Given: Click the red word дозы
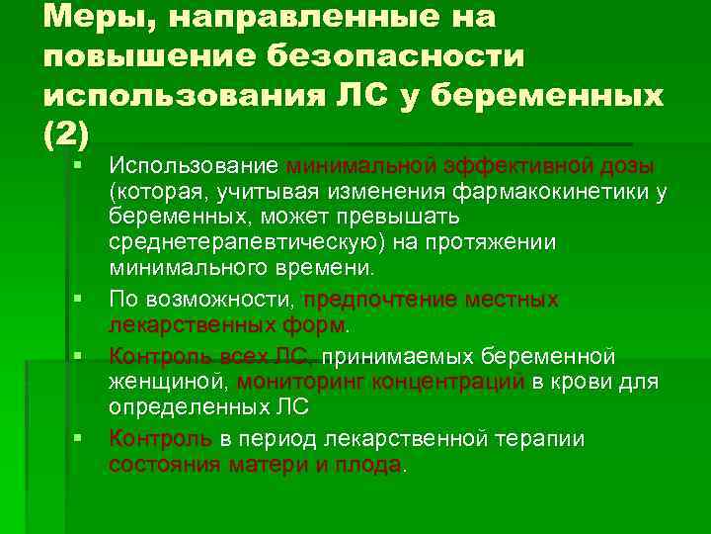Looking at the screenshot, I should pyautogui.click(x=634, y=163).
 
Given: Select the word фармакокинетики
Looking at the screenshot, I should pyautogui.click(x=535, y=190).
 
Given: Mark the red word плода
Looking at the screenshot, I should pyautogui.click(x=370, y=464).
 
